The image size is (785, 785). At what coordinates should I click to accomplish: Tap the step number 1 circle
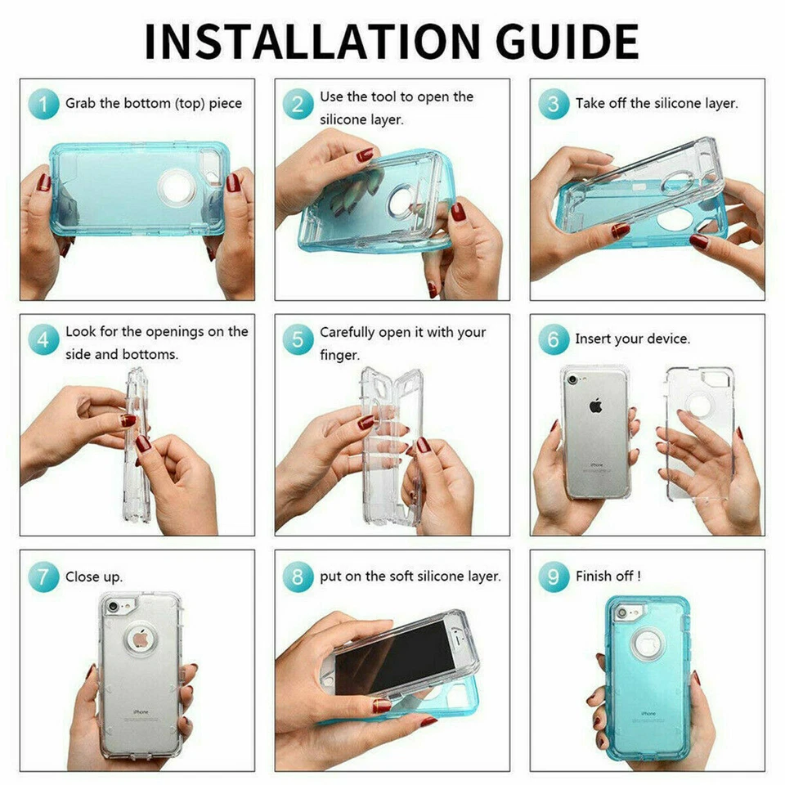pos(43,104)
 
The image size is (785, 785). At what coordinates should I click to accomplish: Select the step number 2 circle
pos(298,104)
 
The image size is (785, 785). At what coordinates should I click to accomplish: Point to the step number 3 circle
pos(554,104)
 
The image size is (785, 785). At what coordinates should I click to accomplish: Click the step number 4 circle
pos(43,339)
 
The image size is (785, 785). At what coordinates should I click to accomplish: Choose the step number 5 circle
pos(298,339)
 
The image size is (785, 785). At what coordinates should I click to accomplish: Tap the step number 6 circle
pos(554,339)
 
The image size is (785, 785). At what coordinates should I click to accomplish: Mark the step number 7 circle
pos(43,576)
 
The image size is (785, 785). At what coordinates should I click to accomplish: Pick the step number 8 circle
pos(298,576)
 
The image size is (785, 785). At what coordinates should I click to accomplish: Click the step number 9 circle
pos(554,576)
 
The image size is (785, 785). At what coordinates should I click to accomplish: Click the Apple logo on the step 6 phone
pos(595,406)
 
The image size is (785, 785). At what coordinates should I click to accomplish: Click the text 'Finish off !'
pos(608,576)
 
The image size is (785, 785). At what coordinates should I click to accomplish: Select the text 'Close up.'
pos(94,576)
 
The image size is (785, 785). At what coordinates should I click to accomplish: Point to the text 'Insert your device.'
pos(632,339)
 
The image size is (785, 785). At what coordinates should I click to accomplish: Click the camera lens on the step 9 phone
pos(621,612)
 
